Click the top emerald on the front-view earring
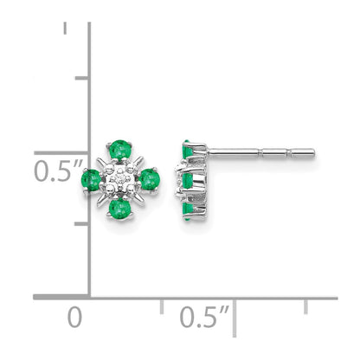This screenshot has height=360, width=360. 116,150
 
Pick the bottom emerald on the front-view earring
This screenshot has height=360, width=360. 118,209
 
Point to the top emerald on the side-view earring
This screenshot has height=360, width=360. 187,151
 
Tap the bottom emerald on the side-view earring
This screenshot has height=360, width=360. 187,206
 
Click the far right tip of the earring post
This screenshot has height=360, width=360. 313,154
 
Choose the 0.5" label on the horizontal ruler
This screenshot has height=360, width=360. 204,317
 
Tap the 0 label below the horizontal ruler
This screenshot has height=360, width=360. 77,316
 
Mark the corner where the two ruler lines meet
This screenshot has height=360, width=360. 90,297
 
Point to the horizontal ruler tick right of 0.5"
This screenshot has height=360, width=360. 235,307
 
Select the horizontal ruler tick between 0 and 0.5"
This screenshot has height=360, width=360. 162,307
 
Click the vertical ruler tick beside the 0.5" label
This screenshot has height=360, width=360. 82,151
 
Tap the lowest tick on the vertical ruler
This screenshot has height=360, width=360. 82,223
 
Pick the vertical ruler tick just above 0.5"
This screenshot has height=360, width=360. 82,78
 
